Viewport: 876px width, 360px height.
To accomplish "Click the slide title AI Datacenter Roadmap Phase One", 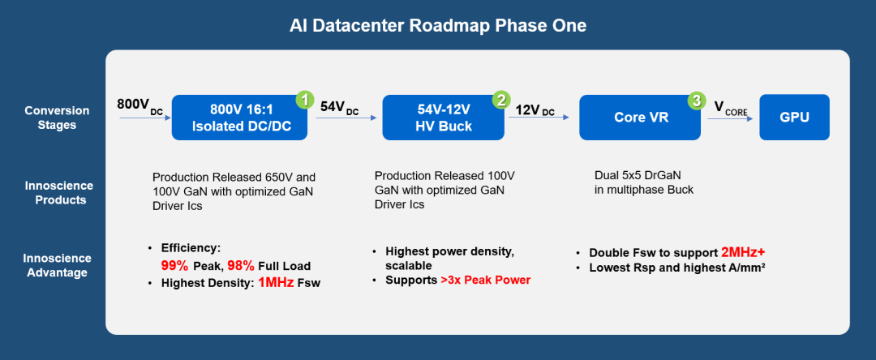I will (x=438, y=26).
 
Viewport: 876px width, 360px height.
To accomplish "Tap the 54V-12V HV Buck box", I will (x=438, y=118).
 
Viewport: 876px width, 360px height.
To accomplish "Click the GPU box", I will (x=794, y=118).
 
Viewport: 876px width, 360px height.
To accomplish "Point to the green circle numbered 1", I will (x=304, y=100).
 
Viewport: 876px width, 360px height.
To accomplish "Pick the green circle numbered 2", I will (x=501, y=100).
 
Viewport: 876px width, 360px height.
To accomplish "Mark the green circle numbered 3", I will (x=696, y=101).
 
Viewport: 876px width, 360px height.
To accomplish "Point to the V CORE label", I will (x=729, y=107).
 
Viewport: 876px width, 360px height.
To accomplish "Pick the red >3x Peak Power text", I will (x=485, y=281).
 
